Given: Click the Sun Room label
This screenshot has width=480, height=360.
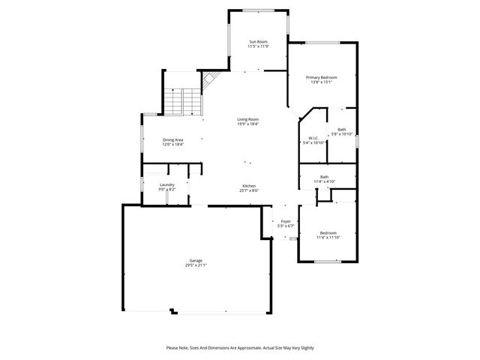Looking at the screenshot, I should [258, 42].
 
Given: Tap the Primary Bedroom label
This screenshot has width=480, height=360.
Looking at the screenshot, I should [321, 77].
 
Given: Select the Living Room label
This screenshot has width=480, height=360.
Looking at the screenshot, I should [248, 119].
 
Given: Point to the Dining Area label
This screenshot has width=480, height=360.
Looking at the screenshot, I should [173, 139].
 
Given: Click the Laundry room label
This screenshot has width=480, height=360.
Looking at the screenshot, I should [166, 184].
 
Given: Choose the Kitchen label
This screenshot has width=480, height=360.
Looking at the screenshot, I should [249, 186].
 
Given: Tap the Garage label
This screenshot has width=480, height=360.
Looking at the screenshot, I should [196, 260].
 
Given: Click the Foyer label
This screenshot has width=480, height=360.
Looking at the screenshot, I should [286, 221].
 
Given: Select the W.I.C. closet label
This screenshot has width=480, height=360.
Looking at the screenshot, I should [314, 138].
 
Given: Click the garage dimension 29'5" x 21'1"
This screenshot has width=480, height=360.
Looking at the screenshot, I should [196, 265].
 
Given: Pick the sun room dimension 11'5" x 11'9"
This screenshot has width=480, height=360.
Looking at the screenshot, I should [258, 46].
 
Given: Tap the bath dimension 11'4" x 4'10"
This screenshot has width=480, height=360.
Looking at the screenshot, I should [324, 181].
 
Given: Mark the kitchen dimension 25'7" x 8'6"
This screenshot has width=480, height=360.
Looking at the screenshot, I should [249, 190].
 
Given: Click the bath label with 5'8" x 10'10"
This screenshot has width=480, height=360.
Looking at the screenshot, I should [342, 130].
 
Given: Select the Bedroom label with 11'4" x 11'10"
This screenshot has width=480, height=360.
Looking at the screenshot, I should [328, 232].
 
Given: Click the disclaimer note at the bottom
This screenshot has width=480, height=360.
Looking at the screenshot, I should [240, 348].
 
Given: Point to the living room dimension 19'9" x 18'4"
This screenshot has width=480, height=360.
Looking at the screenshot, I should [248, 124].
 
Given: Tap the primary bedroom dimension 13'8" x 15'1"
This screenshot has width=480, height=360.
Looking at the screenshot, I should [321, 82].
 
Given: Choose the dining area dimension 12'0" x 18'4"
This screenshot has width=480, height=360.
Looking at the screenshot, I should [173, 144].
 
